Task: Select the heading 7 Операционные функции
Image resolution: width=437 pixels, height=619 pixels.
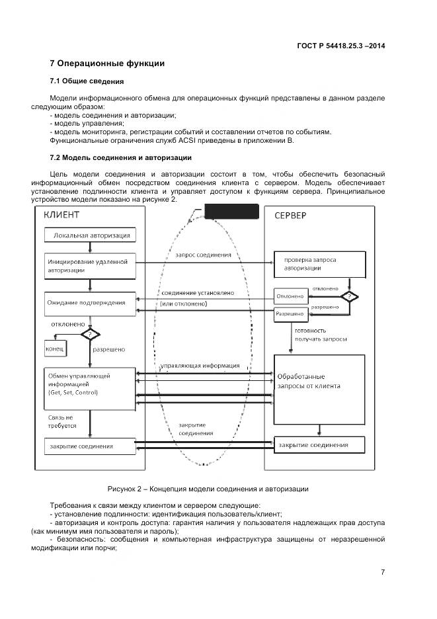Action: [106, 63]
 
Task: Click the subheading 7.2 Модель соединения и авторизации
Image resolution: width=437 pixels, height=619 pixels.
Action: [120, 157]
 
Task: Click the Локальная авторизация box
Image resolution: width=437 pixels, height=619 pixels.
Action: [90, 235]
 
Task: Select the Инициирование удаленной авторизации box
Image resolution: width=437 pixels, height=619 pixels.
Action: [90, 265]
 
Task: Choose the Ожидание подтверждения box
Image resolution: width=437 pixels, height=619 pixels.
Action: [90, 302]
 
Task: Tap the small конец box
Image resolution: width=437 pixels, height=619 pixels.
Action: [54, 348]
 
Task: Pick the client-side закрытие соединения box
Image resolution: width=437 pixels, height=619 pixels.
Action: [90, 446]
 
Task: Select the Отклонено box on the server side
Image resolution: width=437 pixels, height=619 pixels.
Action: [290, 296]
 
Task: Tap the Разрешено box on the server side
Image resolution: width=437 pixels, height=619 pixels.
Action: [290, 314]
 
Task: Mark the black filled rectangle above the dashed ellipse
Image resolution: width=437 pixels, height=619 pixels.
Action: [231, 212]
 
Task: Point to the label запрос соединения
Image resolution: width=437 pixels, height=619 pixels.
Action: [203, 255]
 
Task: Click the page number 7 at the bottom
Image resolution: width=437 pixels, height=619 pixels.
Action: [383, 572]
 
